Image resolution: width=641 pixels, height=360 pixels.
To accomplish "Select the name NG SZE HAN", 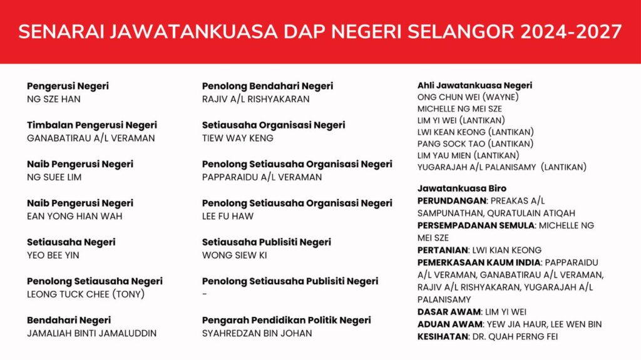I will pos(54,99).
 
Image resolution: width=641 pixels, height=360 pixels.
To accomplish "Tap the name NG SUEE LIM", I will pos(54,177).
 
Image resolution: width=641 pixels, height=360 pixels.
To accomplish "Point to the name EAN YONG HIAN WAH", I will pos(74,216).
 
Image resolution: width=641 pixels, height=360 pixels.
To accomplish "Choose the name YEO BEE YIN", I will pos(53,255).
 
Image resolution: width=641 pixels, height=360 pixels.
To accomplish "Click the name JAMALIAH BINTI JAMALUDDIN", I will pos(91,333).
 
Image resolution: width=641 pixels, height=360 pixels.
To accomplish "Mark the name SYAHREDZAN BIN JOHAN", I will pos(257,333).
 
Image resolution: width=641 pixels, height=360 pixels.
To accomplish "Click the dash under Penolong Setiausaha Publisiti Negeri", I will pos(205,294).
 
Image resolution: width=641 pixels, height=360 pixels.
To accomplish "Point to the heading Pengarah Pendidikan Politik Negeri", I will pos(286,320).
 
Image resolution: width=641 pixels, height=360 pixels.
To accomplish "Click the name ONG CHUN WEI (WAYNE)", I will pos(468,97).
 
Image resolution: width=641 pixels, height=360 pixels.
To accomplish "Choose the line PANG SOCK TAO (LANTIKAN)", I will pos(475,143).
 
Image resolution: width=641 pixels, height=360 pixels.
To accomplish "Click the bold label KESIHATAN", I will pos(443,336).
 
